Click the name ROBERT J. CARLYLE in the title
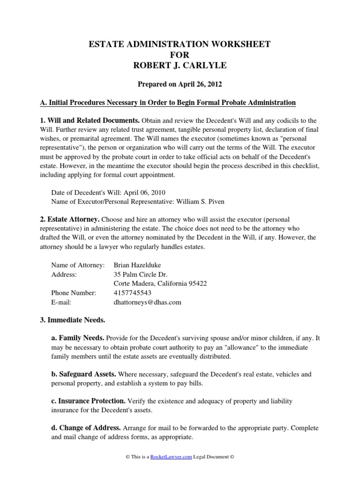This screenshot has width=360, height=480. pos(180,65)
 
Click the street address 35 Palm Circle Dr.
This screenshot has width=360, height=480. pos(141,274)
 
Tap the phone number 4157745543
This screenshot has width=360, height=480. pos(133,293)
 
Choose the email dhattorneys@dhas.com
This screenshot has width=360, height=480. pos(147,302)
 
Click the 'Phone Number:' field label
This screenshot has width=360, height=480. pos(73,293)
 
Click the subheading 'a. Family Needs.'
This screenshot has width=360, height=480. pos(77,338)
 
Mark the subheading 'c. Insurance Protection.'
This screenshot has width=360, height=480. pos(88,401)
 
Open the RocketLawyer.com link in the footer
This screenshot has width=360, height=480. pos(171,457)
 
